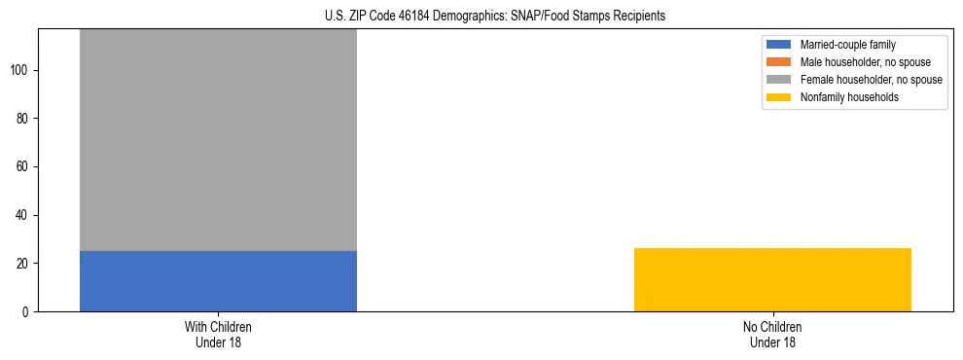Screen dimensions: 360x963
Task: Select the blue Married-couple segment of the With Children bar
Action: coord(218,281)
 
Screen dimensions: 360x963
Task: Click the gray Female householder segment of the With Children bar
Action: coord(218,140)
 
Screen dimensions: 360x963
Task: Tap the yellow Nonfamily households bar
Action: coord(772,279)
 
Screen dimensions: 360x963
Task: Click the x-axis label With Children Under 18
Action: coord(218,334)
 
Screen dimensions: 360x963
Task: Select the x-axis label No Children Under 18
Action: coord(772,334)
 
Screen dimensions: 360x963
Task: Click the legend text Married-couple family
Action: coord(847,45)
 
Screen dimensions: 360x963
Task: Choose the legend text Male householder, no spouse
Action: coord(860,62)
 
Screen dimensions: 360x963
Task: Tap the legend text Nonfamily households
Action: coord(848,97)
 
